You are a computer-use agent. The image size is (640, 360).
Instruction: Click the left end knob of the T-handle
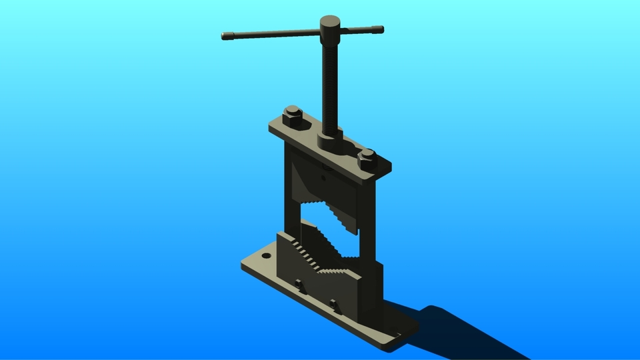pos(226,36)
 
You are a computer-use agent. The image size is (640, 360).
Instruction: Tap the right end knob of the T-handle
pos(379,29)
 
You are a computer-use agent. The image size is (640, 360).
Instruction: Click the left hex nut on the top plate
pos(292,116)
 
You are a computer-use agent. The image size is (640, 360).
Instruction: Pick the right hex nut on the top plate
pos(367,159)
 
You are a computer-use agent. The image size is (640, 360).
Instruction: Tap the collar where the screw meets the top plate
pos(328,139)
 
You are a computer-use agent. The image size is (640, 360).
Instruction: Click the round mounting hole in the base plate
pos(266,255)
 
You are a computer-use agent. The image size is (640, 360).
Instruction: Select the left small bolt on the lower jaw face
pos(299,287)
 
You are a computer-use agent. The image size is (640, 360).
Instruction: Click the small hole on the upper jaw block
pos(323,178)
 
